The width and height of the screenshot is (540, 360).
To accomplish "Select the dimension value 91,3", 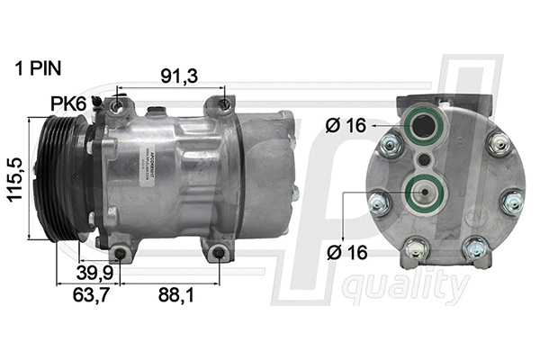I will [179, 77].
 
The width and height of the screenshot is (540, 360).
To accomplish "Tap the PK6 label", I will [67, 106].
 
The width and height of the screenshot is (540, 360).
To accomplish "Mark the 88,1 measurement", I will [175, 294].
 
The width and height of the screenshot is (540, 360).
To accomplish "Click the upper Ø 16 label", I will [346, 126].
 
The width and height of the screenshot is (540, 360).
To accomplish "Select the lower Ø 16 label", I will [346, 253].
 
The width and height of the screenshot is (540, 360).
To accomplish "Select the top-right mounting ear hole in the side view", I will [224, 106].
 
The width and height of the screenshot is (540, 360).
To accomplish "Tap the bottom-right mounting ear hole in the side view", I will [219, 253].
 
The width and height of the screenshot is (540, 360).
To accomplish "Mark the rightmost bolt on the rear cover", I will [511, 202].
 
